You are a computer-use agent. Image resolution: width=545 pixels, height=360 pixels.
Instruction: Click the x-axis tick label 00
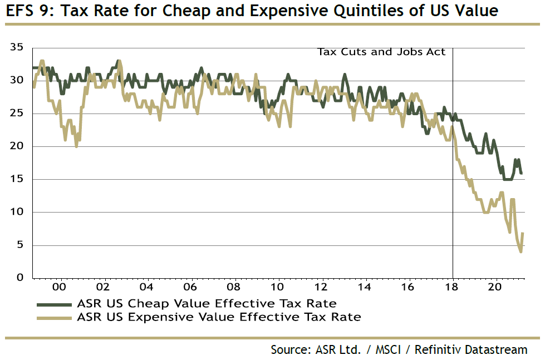60,287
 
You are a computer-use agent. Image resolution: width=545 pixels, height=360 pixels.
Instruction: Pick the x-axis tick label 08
234,287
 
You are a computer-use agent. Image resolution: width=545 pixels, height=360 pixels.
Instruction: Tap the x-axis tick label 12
321,287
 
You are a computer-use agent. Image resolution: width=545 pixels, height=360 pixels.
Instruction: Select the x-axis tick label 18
453,287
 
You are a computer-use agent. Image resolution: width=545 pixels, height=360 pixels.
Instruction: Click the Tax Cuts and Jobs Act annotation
381,52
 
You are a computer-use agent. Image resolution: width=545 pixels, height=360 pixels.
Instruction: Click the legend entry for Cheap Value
207,303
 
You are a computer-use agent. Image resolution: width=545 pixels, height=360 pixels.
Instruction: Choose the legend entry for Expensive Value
219,318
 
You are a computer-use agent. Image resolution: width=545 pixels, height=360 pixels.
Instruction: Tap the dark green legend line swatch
54,304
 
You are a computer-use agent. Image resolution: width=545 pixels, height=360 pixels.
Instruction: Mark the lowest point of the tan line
521,251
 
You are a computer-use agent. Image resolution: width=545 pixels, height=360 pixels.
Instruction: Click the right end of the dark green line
522,174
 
